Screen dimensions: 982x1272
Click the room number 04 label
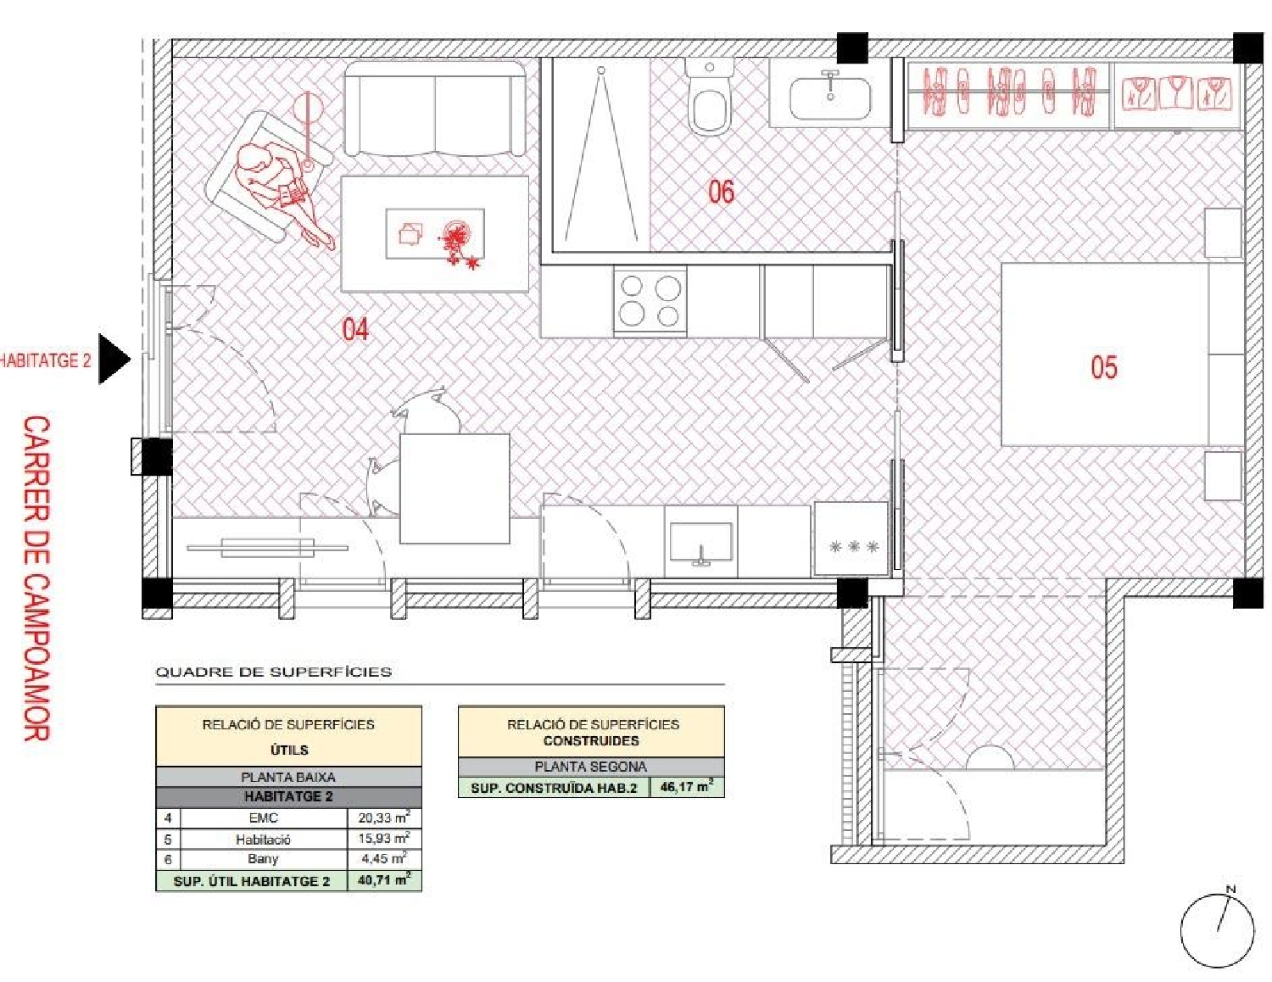pyautogui.click(x=355, y=329)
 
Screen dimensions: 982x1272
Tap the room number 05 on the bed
pyautogui.click(x=1103, y=367)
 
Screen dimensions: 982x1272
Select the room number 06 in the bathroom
pyautogui.click(x=721, y=192)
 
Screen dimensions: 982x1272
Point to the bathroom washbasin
pyautogui.click(x=829, y=98)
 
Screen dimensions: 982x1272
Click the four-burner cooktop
pyautogui.click(x=650, y=301)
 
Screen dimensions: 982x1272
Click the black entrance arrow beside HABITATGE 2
pyautogui.click(x=114, y=359)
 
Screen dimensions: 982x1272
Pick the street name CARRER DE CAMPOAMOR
pyautogui.click(x=36, y=577)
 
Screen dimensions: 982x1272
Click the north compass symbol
pyautogui.click(x=1218, y=930)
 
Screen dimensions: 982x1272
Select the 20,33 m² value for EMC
pyautogui.click(x=383, y=817)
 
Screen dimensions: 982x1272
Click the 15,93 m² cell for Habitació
pyautogui.click(x=383, y=838)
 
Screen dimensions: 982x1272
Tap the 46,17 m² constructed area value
pyautogui.click(x=686, y=787)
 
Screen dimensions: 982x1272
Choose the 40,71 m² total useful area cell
pyautogui.click(x=383, y=880)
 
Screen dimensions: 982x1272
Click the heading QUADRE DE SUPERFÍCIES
pyautogui.click(x=273, y=672)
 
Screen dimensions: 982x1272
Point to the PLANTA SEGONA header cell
pyautogui.click(x=590, y=767)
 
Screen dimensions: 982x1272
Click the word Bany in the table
pyautogui.click(x=263, y=859)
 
